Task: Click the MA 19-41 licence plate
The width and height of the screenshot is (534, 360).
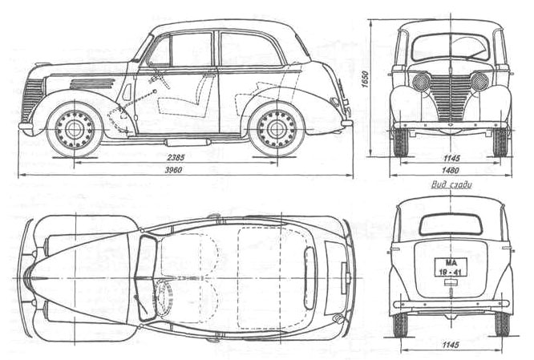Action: (450, 268)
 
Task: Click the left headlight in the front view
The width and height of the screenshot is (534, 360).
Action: (421, 81)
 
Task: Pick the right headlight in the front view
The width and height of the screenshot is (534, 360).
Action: (479, 81)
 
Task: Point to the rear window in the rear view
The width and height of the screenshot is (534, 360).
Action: (451, 224)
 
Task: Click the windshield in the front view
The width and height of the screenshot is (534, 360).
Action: (450, 48)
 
